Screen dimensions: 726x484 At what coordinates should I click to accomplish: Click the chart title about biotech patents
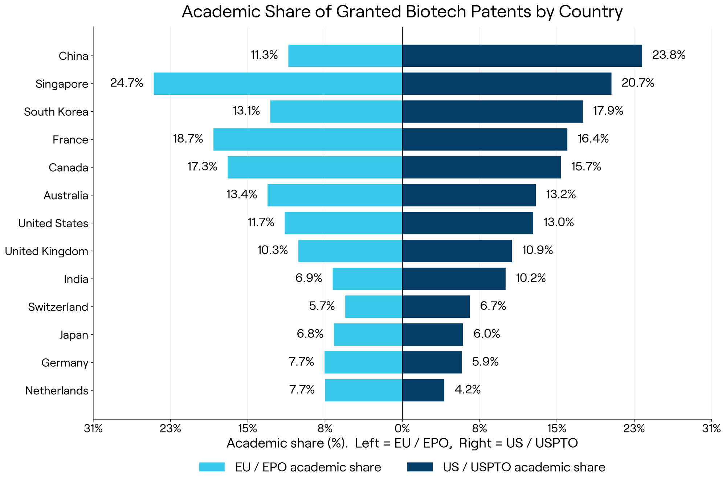tap(402, 12)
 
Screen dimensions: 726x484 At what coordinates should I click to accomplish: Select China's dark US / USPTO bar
tap(522, 56)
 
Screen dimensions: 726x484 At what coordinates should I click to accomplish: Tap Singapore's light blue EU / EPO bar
tap(278, 84)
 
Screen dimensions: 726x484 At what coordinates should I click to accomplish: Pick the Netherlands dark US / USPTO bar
tap(423, 390)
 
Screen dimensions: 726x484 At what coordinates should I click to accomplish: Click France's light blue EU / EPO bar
tap(308, 139)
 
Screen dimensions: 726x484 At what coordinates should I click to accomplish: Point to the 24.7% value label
tap(127, 83)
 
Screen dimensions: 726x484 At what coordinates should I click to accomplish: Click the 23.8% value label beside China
tap(669, 55)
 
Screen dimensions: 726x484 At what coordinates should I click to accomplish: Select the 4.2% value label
tap(468, 390)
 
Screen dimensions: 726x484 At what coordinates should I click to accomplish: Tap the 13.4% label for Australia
tap(242, 195)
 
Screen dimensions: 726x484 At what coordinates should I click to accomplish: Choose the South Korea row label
tap(56, 112)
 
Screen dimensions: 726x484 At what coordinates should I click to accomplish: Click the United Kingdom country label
tap(47, 251)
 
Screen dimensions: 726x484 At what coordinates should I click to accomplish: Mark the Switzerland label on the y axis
tap(58, 307)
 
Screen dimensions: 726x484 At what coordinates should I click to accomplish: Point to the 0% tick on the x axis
tap(402, 429)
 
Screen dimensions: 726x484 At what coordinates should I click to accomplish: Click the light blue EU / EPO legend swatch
tap(212, 467)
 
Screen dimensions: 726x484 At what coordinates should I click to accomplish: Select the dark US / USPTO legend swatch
tap(420, 467)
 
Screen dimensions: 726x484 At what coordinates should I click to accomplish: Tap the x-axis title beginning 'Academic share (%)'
tap(402, 443)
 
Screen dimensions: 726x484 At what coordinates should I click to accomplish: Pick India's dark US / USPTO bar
tap(454, 279)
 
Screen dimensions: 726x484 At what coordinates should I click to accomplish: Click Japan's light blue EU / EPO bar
tap(368, 335)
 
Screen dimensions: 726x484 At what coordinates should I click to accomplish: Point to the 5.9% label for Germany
tap(485, 362)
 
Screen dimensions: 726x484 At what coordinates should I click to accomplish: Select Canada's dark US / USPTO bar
tap(481, 167)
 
